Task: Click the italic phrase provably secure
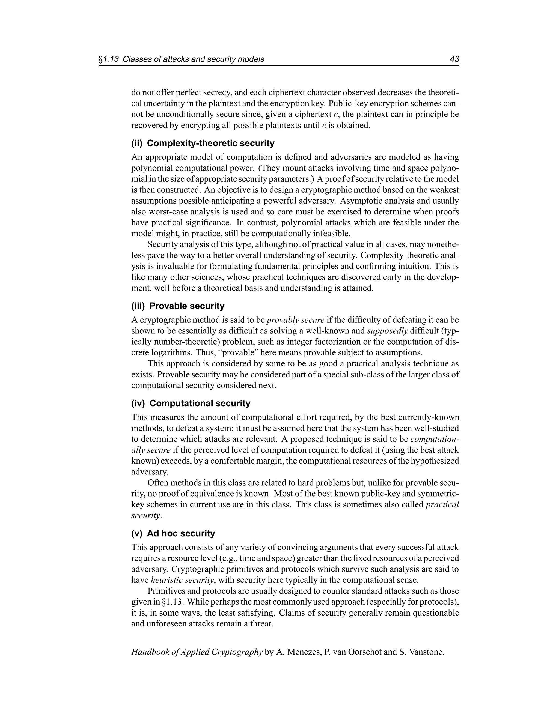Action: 295,320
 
